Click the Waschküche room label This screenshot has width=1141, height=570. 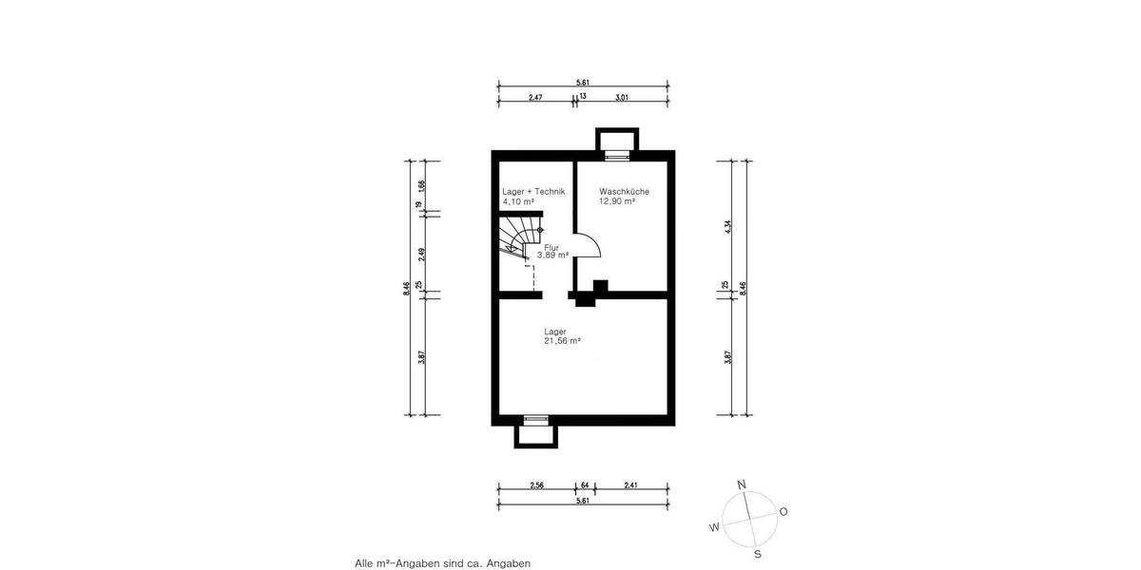(624, 191)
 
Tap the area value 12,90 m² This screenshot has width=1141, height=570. (617, 201)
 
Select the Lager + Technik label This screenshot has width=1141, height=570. (533, 191)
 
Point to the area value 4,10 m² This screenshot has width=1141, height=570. (518, 201)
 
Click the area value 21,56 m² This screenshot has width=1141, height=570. (562, 340)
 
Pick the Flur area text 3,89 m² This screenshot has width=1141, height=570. (552, 255)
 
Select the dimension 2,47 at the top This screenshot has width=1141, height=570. (535, 97)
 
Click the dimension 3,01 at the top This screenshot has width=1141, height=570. (622, 97)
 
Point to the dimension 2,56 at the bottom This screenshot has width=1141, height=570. (536, 485)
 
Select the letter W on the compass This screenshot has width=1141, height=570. (713, 527)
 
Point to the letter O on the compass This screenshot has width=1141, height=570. (783, 511)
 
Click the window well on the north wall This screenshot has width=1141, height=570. (617, 142)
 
